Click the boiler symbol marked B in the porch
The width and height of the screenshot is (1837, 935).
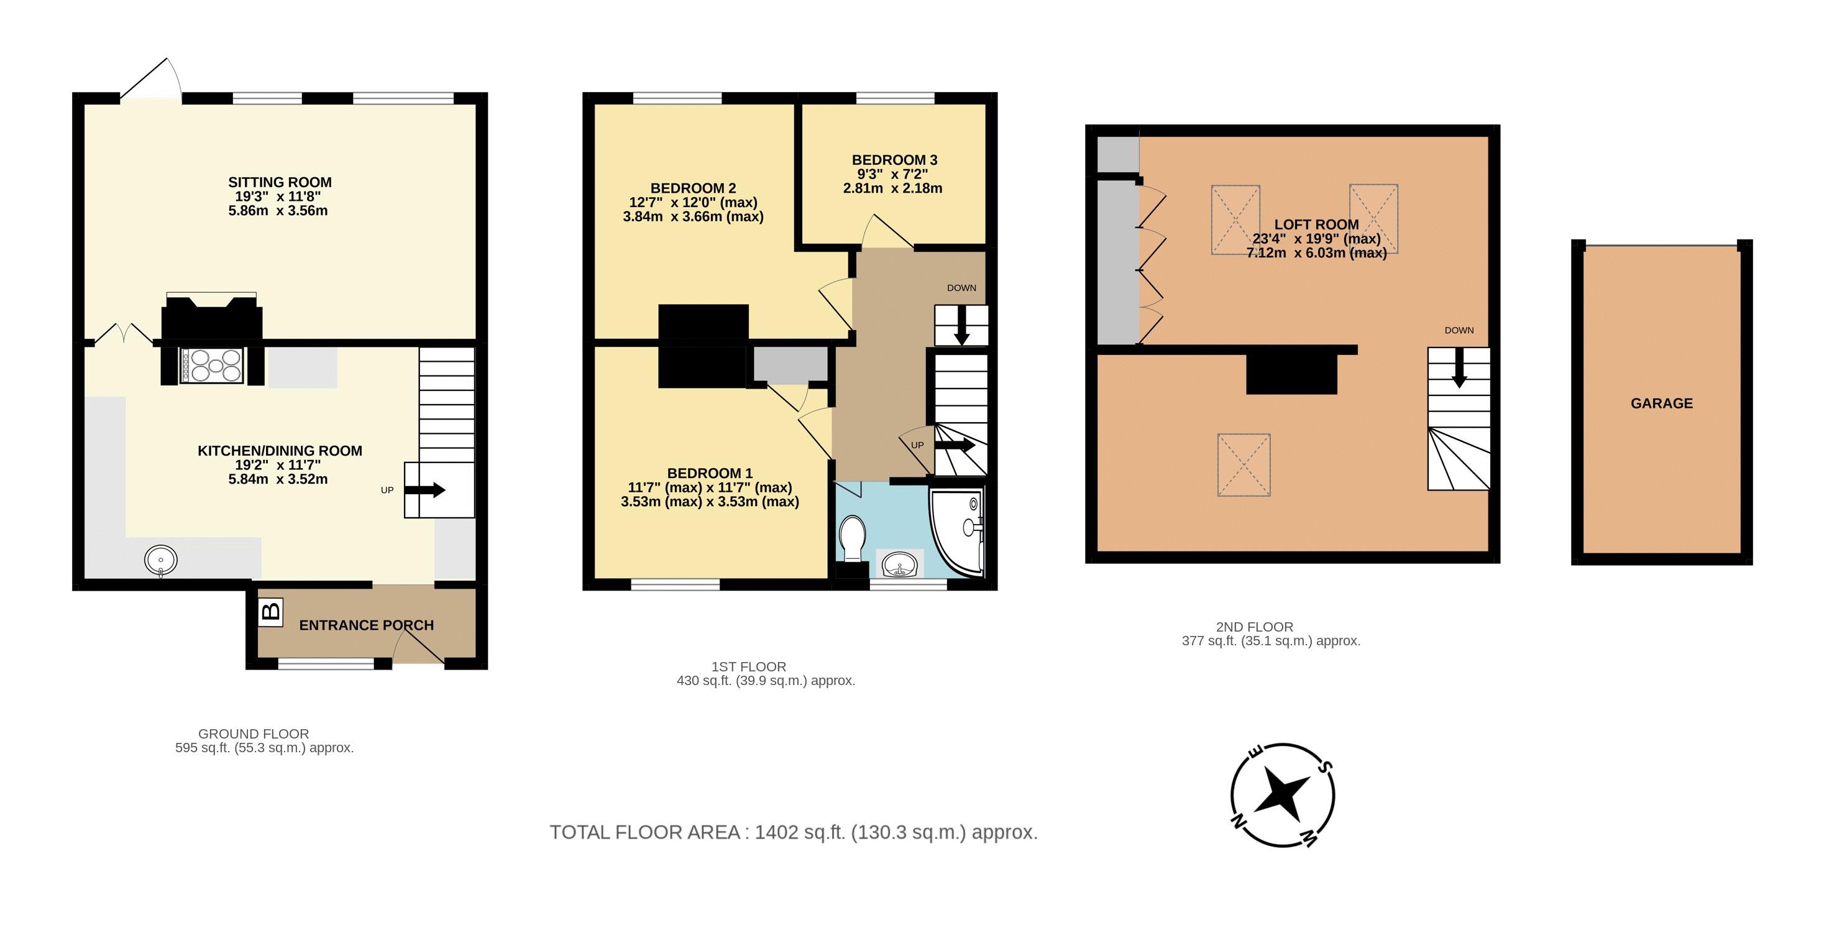tap(271, 612)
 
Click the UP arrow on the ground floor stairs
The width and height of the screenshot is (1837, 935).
tap(425, 490)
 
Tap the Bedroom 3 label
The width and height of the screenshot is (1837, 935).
tap(894, 160)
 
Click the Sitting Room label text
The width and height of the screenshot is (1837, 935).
tap(280, 183)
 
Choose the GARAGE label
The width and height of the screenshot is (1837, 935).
tap(1662, 403)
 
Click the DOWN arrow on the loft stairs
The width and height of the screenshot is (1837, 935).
tap(1459, 368)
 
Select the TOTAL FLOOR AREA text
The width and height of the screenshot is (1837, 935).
tap(793, 832)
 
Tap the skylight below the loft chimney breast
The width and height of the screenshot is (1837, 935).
tap(1244, 465)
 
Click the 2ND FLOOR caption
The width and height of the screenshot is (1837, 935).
tap(1254, 627)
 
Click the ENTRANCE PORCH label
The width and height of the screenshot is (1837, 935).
tap(366, 625)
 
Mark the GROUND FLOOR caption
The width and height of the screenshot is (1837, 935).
tap(253, 734)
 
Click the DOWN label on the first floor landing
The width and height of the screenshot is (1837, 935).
tap(961, 288)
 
